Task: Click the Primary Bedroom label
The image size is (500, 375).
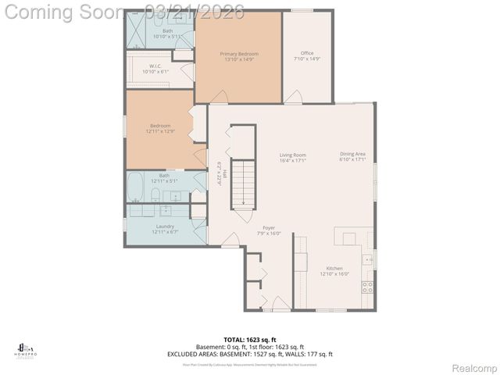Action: tap(238, 56)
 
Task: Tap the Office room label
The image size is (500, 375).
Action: tap(307, 56)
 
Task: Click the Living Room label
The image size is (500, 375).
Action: tap(293, 157)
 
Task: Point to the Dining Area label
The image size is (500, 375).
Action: tap(352, 157)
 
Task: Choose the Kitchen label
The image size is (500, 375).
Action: tap(334, 270)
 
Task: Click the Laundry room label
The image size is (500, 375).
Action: tap(164, 229)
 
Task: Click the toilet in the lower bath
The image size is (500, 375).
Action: tap(155, 194)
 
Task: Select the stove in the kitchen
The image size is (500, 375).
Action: tap(367, 287)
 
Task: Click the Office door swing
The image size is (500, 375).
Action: tap(294, 96)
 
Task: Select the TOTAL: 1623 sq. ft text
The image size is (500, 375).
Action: tap(249, 339)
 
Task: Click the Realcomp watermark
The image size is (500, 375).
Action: tap(471, 366)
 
